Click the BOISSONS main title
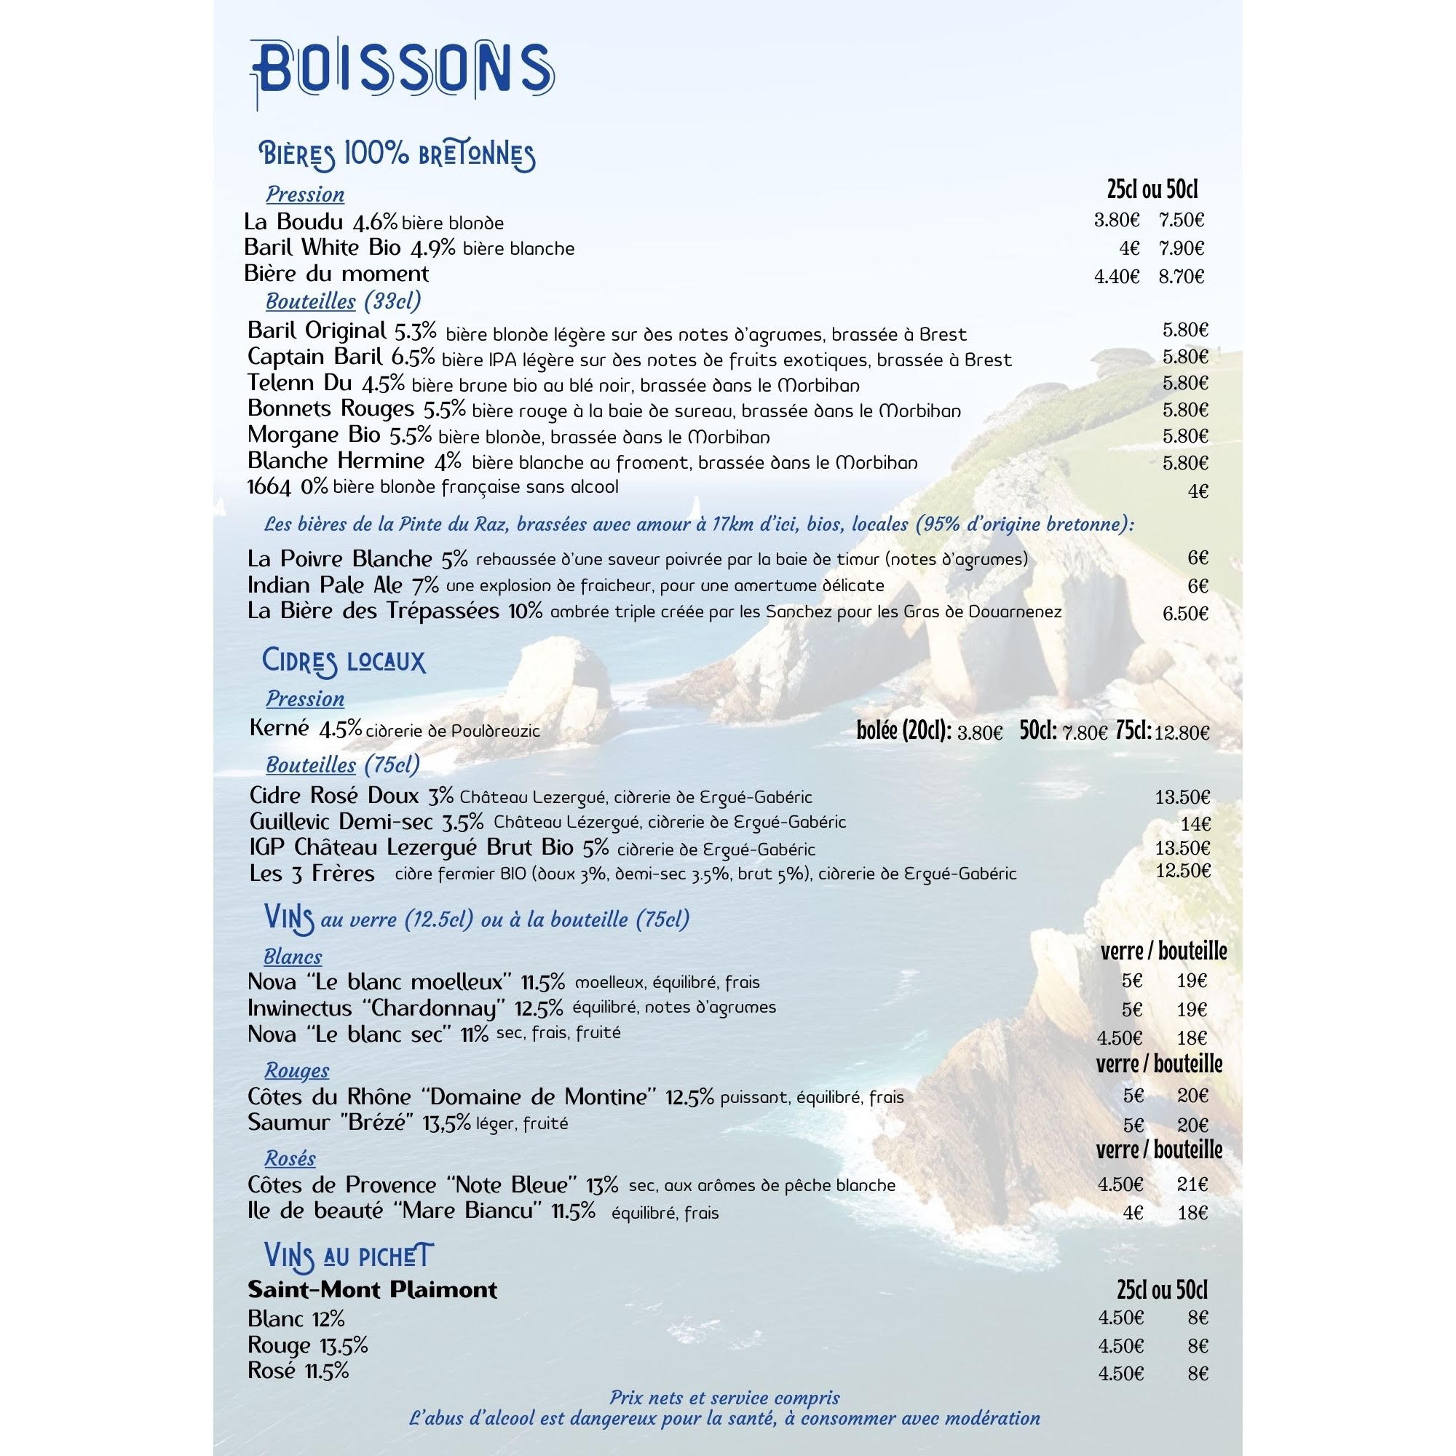[x=403, y=72]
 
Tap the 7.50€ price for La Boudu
[x=1182, y=220]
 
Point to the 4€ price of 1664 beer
[x=1198, y=491]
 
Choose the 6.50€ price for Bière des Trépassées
[x=1184, y=614]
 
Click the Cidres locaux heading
[x=344, y=661]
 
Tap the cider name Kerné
[x=279, y=728]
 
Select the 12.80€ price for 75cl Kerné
[x=1182, y=732]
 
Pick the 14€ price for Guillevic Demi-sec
[x=1195, y=823]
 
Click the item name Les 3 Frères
[x=312, y=874]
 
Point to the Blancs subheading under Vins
[x=293, y=957]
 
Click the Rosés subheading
[x=290, y=1158]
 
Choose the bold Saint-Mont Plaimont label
[x=372, y=1289]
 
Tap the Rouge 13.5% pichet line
[x=307, y=1345]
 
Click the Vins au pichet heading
[x=349, y=1256]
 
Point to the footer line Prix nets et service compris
[x=724, y=1398]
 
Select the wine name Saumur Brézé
[x=331, y=1123]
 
